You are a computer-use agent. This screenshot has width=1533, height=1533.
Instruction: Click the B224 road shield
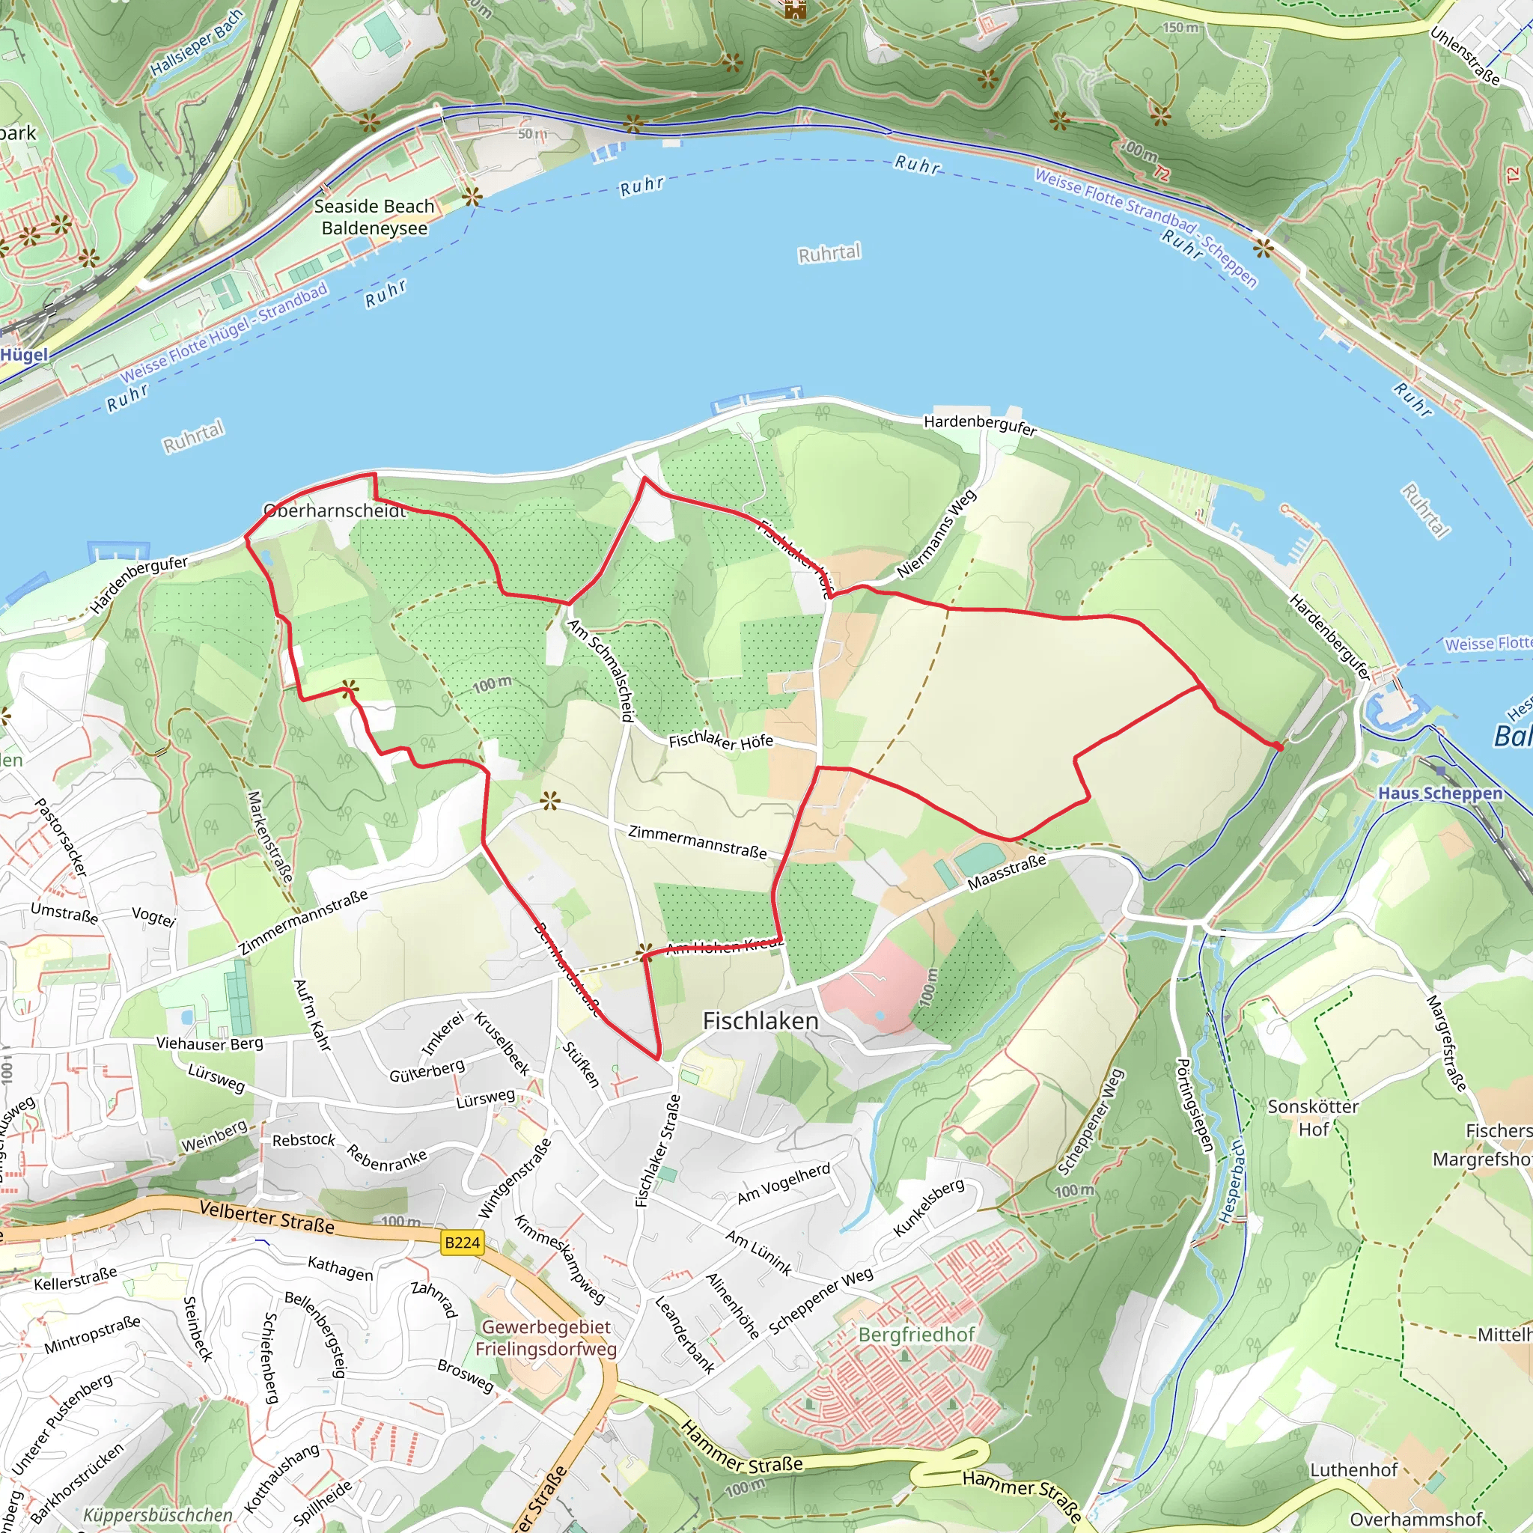tap(462, 1243)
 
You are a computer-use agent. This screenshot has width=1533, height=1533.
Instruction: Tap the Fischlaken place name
tap(761, 1021)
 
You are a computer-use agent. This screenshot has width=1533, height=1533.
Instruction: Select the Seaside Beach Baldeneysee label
tap(374, 217)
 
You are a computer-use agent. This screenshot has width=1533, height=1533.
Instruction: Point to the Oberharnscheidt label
tap(335, 511)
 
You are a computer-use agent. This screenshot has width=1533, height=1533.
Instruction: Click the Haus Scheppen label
tap(1440, 793)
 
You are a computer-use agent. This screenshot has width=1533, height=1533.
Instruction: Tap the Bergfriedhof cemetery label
tap(916, 1335)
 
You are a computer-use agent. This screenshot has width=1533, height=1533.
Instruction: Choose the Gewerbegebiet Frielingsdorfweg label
tap(546, 1338)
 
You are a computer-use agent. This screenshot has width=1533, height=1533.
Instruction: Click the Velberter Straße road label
tap(266, 1216)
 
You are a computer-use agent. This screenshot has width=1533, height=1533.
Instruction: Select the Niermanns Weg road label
tap(936, 534)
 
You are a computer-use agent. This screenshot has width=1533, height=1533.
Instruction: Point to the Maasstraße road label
tap(1006, 872)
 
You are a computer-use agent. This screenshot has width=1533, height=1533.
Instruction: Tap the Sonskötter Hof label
tap(1313, 1118)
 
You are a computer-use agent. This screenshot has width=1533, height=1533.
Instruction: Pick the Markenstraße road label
tap(269, 835)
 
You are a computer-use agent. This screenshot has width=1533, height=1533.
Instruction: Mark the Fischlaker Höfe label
tap(721, 740)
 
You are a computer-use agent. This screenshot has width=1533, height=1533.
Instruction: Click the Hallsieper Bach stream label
tap(197, 44)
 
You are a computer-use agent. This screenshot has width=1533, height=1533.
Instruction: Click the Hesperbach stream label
tap(1232, 1181)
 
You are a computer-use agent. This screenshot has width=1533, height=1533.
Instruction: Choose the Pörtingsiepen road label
tap(1195, 1105)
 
